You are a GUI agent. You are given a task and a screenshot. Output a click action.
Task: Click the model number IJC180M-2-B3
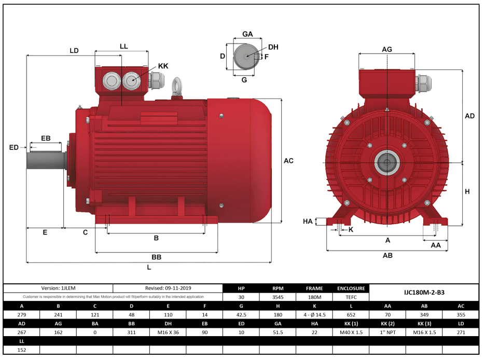tap(424, 293)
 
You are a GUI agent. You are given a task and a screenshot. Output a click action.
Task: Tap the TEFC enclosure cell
tap(351, 297)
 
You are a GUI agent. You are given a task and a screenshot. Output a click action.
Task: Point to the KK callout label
tap(163, 66)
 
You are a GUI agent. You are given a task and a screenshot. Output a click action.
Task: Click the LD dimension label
tap(74, 50)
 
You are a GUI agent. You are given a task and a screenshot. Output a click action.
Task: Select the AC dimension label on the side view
tap(288, 161)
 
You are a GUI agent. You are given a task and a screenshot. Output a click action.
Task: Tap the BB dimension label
tap(156, 257)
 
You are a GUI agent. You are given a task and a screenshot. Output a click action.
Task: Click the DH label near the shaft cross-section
tap(273, 47)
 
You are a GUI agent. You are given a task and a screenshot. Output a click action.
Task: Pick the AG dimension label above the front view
tap(386, 49)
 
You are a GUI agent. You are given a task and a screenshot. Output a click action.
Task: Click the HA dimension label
tap(308, 221)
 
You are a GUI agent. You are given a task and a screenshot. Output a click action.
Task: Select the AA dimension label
tap(436, 244)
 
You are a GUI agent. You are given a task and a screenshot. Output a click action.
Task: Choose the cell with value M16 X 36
tap(168, 332)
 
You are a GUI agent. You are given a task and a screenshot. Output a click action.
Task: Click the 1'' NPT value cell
tap(387, 332)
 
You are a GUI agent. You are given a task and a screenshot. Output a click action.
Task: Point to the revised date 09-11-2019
tap(168, 288)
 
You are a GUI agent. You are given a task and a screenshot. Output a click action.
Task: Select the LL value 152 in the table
tap(21, 350)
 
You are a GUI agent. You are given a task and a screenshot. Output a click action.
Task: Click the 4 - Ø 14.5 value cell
tap(314, 315)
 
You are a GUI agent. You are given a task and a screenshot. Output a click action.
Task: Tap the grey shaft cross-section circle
tap(246, 57)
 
